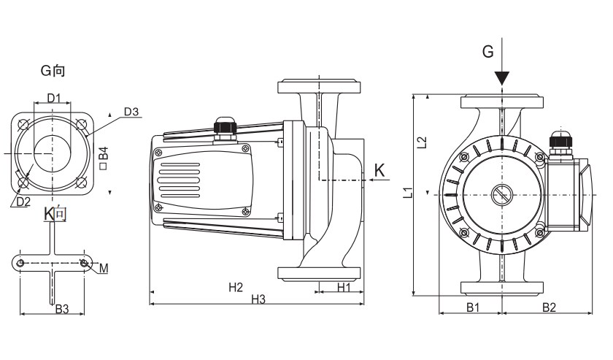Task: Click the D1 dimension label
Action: (x=54, y=98)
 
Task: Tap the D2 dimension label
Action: (x=23, y=201)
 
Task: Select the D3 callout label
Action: (x=131, y=112)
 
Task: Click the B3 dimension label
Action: (x=62, y=309)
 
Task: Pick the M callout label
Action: (x=104, y=268)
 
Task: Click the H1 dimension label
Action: (x=344, y=288)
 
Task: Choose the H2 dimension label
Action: (x=235, y=287)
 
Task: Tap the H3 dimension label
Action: (x=258, y=299)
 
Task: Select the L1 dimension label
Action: (x=409, y=193)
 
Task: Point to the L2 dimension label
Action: (x=423, y=143)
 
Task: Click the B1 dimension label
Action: (x=473, y=307)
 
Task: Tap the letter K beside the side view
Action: (x=379, y=169)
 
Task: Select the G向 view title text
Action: (x=53, y=71)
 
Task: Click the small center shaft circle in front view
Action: (x=502, y=196)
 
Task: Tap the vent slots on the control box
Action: (x=176, y=178)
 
